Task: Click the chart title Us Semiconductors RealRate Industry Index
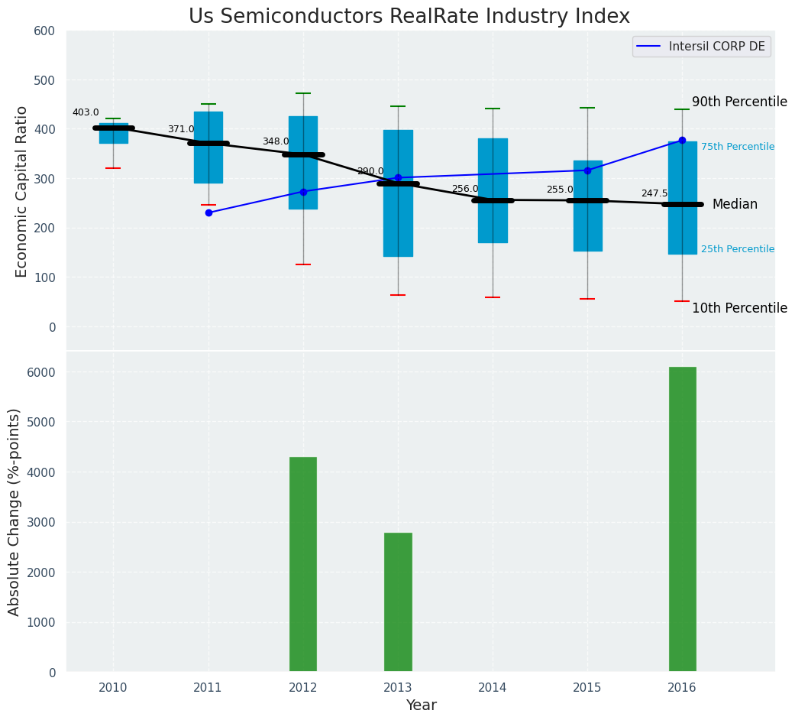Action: pos(409,17)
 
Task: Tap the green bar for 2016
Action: pos(682,519)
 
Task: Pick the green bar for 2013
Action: pos(398,602)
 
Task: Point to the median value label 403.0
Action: pos(86,112)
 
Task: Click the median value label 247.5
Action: pos(654,194)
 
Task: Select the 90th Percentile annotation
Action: pos(738,102)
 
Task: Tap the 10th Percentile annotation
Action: pos(738,308)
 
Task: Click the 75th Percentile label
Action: pos(737,147)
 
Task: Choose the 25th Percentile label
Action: pos(737,249)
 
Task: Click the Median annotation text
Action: pos(735,205)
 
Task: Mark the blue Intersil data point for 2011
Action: pos(208,212)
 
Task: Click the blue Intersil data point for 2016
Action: pos(682,140)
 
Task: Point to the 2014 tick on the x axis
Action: pos(493,688)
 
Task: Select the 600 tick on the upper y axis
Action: pos(45,31)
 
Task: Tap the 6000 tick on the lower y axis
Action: pos(41,372)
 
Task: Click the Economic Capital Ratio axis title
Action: pos(22,191)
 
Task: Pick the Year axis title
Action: pos(421,705)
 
